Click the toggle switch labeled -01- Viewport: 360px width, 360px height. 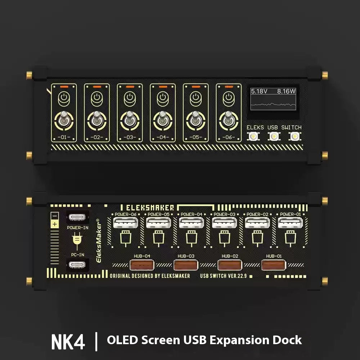[x=64, y=121]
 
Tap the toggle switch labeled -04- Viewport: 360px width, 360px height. [x=163, y=121]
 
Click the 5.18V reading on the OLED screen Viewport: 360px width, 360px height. [x=259, y=91]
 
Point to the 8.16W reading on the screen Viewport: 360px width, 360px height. [x=286, y=91]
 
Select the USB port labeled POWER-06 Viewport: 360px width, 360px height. [x=126, y=222]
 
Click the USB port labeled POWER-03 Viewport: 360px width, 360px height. [x=225, y=222]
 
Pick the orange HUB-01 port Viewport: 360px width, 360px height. [x=274, y=265]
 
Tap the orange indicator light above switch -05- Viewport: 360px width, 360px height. [x=196, y=87]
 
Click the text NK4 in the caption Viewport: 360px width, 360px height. [x=68, y=342]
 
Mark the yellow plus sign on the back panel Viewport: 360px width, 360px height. [x=55, y=224]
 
